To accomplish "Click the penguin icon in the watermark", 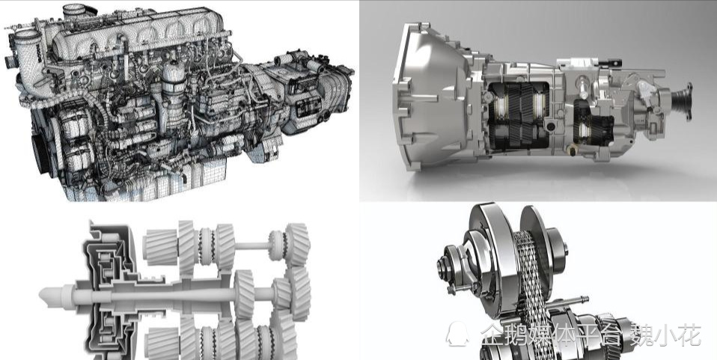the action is click(457, 334).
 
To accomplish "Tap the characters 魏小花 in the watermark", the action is click(665, 335).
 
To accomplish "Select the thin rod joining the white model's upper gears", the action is click(252, 245).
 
